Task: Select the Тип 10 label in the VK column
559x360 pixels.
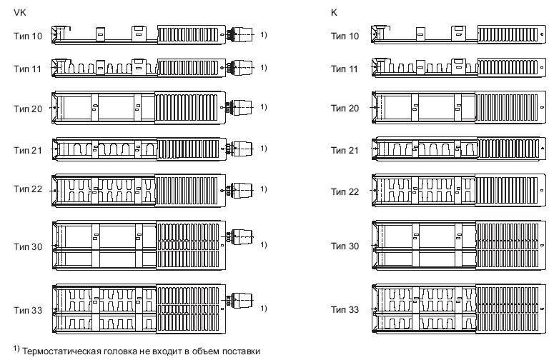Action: (28, 35)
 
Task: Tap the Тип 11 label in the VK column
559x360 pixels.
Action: (28, 68)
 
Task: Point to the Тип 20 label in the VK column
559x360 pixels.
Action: (28, 108)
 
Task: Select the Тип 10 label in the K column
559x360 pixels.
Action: (345, 35)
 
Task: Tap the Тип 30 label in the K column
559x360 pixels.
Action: (345, 245)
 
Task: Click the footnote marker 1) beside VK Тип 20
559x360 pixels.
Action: (264, 107)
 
